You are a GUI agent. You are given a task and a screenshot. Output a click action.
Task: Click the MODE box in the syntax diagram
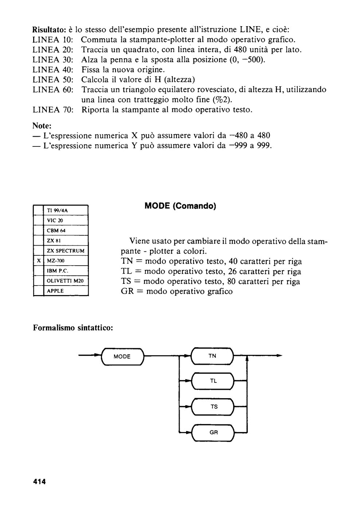(122, 357)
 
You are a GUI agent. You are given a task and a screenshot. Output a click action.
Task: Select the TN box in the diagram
(212, 356)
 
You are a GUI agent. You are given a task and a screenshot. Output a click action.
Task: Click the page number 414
(39, 482)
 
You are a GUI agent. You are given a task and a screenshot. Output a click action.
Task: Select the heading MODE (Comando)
(180, 206)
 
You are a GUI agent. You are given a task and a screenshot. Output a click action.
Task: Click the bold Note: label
(42, 125)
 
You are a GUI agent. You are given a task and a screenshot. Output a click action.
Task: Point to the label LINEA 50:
(53, 80)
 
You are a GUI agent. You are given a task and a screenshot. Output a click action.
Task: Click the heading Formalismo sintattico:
(73, 328)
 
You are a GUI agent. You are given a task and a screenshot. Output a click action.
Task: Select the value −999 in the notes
(238, 145)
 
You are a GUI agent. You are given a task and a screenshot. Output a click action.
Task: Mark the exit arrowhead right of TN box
(279, 356)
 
